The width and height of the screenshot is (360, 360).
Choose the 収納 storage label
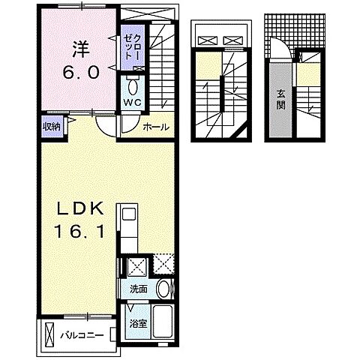click(51, 125)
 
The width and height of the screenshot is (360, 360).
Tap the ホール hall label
click(156, 127)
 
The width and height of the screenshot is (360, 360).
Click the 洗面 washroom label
click(139, 289)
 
